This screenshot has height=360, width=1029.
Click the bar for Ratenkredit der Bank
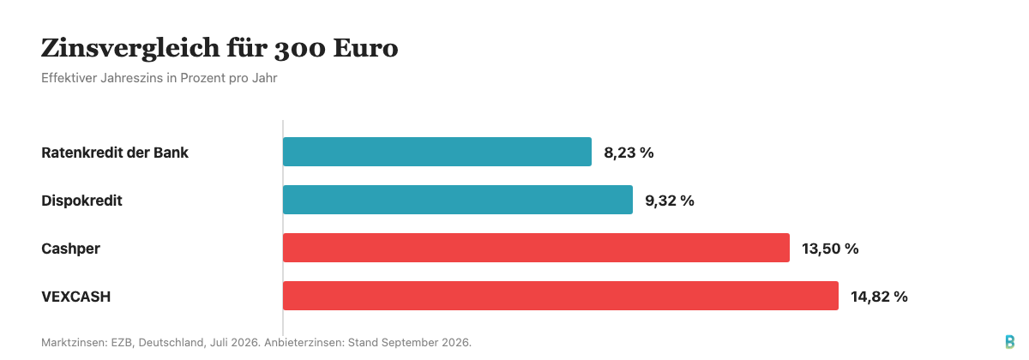(x=436, y=152)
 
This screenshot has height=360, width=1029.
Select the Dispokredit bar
(x=458, y=200)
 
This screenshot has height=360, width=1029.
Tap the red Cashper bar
(x=536, y=248)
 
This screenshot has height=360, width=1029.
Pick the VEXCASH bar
(x=561, y=296)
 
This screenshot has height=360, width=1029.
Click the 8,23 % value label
(x=629, y=153)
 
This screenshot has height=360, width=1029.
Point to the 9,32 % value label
(x=670, y=201)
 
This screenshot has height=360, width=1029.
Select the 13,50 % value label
(x=830, y=249)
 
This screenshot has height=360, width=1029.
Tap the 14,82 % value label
(x=879, y=297)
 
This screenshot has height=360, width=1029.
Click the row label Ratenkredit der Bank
(x=115, y=153)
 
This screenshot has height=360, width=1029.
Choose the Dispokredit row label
(x=81, y=201)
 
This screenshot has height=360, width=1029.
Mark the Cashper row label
(x=70, y=249)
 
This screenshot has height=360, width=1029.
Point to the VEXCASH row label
(x=75, y=297)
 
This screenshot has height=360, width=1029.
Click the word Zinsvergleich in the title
(x=130, y=49)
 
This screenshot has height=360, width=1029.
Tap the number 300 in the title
(x=300, y=49)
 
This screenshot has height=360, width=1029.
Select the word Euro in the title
(x=365, y=48)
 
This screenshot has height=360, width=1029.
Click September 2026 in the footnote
(x=409, y=343)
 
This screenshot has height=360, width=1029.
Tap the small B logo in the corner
(x=1010, y=342)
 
